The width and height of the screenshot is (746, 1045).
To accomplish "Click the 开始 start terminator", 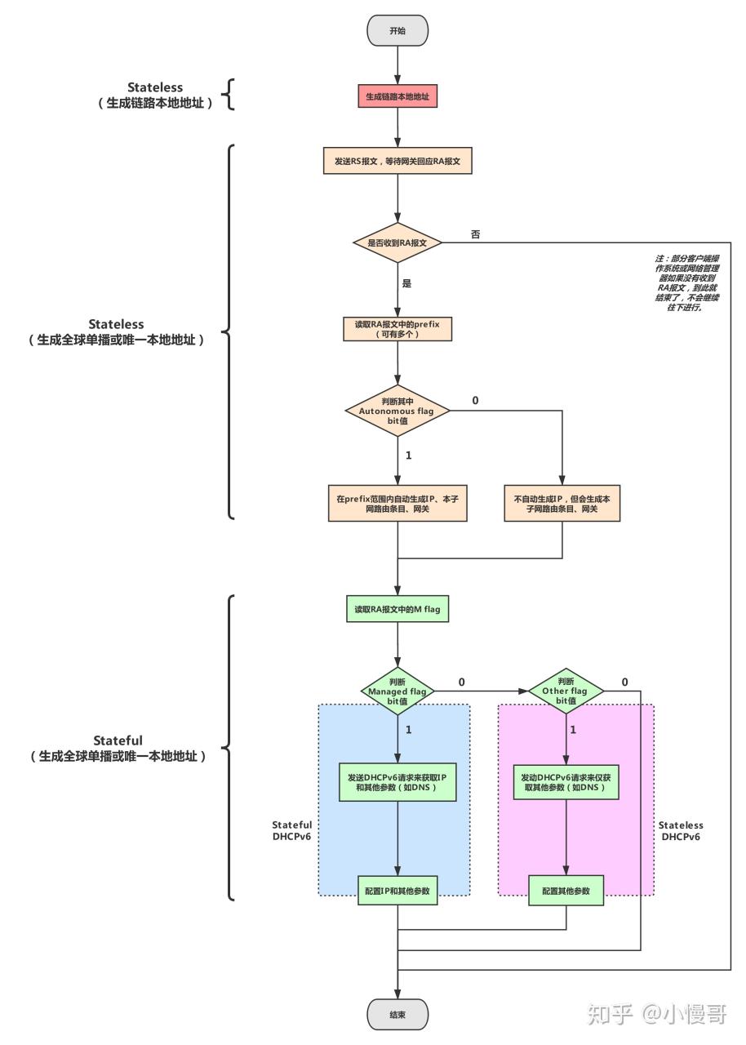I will pos(397,30).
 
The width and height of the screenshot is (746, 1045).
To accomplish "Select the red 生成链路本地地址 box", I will pos(397,96).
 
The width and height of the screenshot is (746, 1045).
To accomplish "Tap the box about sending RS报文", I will pos(397,162).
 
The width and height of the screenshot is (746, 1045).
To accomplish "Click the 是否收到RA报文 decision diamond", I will pos(397,242).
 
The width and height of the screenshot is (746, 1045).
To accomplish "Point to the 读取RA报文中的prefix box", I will pos(397,329).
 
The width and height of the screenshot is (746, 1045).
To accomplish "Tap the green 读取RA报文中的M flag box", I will pos(397,609).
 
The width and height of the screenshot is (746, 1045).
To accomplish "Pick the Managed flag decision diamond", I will pos(397,691).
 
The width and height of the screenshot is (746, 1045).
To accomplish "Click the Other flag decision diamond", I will pos(566,691).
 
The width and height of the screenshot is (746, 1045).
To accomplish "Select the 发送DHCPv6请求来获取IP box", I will pos(397,782).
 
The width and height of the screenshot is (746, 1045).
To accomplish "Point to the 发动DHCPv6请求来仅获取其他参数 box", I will pos(566,782).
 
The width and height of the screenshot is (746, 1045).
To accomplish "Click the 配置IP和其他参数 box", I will pos(397,890).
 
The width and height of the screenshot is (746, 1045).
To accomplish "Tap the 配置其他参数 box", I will pos(566,890).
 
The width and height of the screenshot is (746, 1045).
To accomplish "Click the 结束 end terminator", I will pos(397,1014).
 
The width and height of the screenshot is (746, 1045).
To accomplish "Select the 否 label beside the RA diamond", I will pos(476,234).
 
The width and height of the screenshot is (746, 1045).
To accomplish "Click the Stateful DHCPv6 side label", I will pos(291,831).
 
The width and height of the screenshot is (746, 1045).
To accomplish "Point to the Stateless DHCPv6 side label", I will pos(681,831).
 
